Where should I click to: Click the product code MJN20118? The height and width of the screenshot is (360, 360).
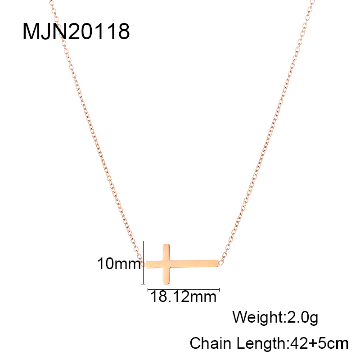(76, 31)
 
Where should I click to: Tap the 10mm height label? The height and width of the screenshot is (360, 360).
(119, 263)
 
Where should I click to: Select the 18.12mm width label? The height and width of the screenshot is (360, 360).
(183, 297)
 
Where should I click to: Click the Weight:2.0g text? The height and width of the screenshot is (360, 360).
(275, 318)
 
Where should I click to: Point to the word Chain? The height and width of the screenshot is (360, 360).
(210, 343)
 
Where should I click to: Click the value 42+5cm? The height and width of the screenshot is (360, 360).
(319, 343)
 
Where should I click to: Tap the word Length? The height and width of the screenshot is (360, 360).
(261, 344)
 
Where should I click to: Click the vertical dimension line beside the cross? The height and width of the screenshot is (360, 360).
(143, 262)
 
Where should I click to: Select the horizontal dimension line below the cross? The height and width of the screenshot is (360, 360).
(184, 290)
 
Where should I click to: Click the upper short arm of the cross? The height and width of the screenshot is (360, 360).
(166, 252)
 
